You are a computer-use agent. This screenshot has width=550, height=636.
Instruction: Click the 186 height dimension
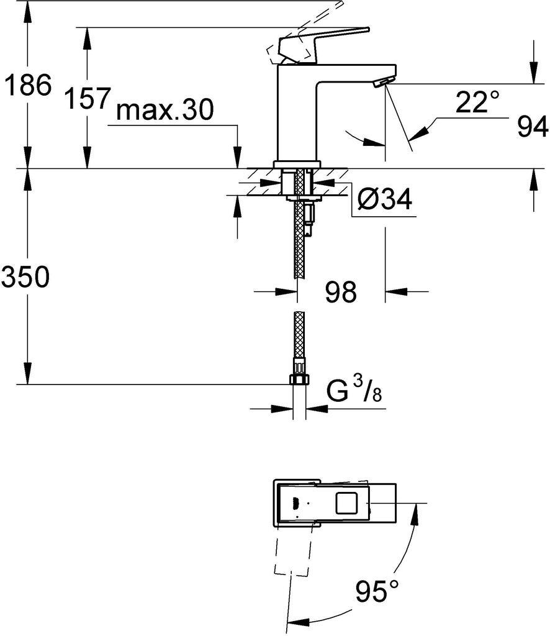click(27, 85)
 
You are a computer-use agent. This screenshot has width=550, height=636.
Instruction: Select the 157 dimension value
click(88, 98)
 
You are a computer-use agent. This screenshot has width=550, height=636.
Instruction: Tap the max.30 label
click(165, 110)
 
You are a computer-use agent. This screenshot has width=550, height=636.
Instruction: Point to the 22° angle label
click(477, 102)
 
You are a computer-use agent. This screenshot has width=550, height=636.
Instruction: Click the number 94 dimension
click(533, 127)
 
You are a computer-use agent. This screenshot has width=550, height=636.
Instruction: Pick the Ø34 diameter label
click(385, 198)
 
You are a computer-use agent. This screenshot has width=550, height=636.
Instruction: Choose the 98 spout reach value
click(341, 291)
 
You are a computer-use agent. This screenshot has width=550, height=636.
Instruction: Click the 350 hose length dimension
click(25, 278)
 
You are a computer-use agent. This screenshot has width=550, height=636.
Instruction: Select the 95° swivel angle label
click(377, 591)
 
